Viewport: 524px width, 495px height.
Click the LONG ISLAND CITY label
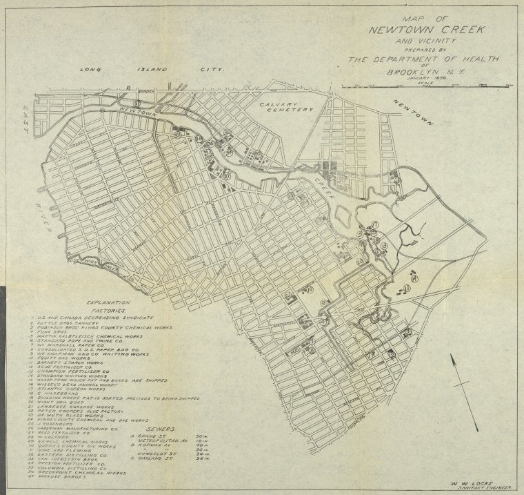(x=153, y=70)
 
